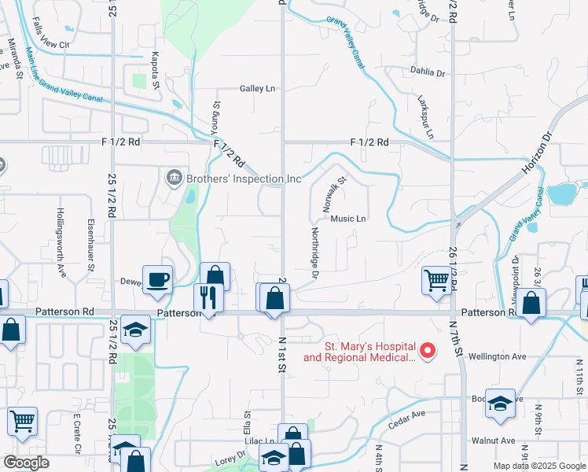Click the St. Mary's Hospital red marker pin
pos(428,350)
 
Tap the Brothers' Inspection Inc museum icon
pos(174,179)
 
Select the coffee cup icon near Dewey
pos(157,279)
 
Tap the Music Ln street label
pos(349,219)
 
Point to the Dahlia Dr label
pos(428,72)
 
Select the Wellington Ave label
pos(497,356)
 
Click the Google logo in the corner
pos(26,463)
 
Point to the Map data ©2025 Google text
pos(538,466)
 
